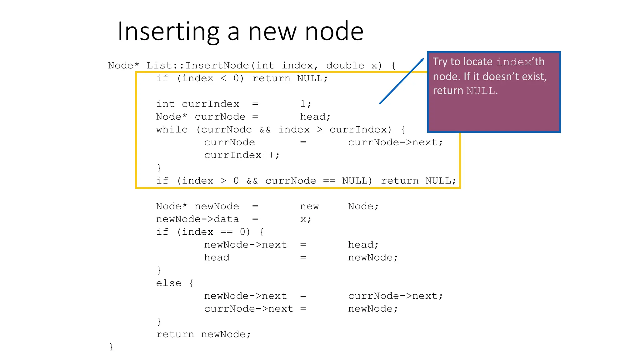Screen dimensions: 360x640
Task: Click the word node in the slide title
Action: (x=334, y=32)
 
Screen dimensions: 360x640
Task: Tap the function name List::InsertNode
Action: (x=197, y=66)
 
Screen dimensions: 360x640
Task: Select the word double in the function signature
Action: (x=345, y=66)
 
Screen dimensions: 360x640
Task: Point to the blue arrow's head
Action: (x=422, y=60)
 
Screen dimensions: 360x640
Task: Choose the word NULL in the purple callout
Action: (x=481, y=91)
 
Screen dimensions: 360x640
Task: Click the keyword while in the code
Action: (x=172, y=130)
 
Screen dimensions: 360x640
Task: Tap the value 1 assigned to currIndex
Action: (x=303, y=104)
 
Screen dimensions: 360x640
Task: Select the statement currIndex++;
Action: (x=242, y=155)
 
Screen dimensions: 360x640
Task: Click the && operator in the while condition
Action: (x=265, y=130)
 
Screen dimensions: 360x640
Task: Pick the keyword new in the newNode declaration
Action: (x=309, y=207)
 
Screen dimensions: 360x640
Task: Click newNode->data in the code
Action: (x=197, y=219)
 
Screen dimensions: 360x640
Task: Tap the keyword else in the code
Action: (x=169, y=283)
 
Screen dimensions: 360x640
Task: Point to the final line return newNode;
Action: (x=203, y=335)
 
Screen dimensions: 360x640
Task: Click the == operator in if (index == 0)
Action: (x=227, y=232)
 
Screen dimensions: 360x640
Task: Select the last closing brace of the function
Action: (x=111, y=347)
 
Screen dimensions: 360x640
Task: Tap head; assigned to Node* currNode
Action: (x=315, y=117)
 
